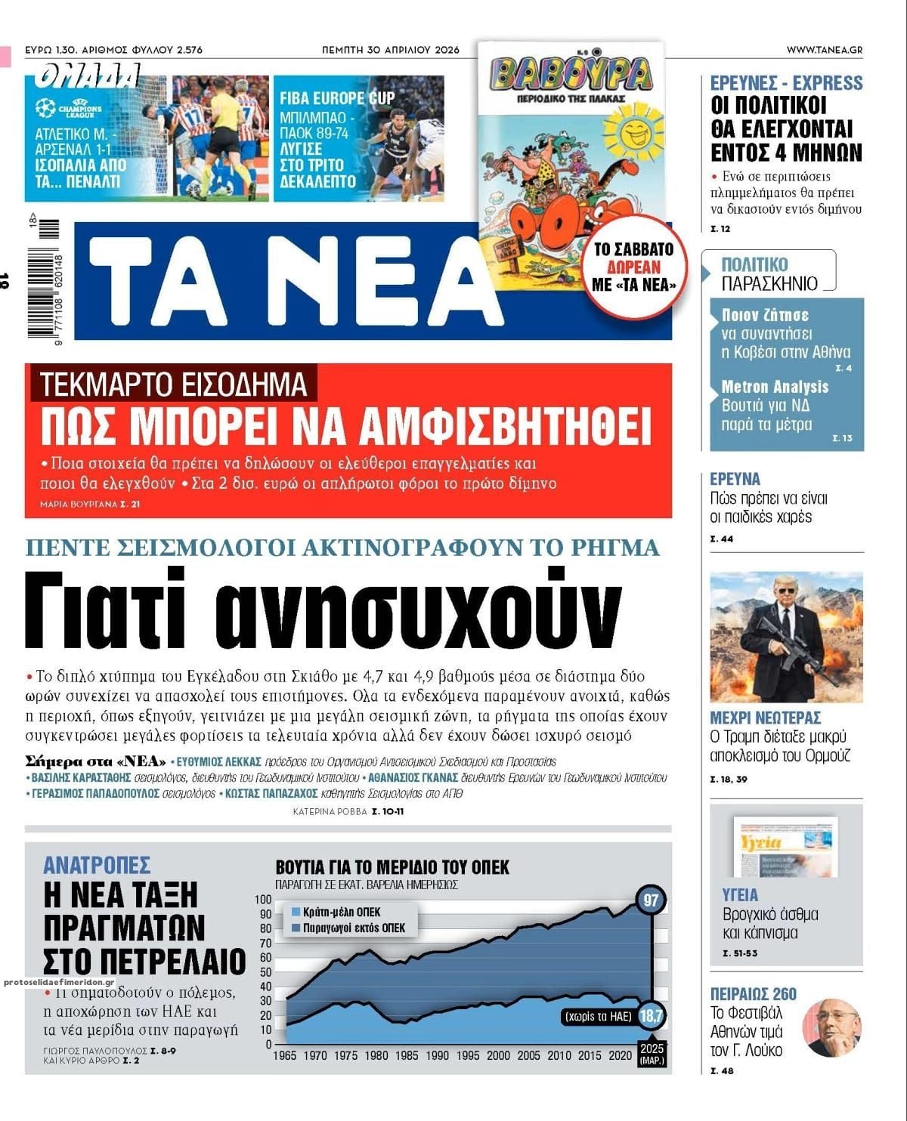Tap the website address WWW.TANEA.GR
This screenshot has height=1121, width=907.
tap(824, 50)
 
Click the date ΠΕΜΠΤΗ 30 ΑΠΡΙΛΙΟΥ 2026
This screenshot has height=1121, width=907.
tap(391, 50)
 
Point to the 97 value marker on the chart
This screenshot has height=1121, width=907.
tap(651, 900)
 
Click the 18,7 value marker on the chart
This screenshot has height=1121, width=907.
tap(651, 1016)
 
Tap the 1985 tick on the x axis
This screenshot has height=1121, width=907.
tap(407, 1055)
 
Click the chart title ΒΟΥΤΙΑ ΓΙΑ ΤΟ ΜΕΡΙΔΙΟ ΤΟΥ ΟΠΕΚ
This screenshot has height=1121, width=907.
tap(392, 867)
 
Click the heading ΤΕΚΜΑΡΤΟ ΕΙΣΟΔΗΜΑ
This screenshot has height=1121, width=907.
tap(174, 384)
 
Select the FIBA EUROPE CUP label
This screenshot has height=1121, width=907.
tap(337, 98)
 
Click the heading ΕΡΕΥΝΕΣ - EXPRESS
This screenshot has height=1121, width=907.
tap(786, 83)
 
